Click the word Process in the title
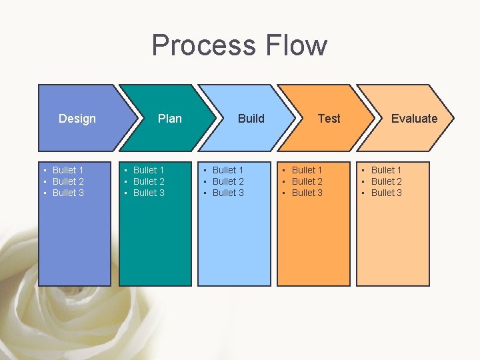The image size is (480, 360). point(204,45)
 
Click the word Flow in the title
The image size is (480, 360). point(297,45)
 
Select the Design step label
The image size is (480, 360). point(77,119)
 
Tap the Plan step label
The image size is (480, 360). point(169,119)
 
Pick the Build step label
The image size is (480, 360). point(251,119)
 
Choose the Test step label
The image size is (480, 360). point(329,119)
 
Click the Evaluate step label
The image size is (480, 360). point(414,119)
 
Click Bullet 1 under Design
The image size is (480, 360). point(68,170)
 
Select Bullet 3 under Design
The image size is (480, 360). point(68,193)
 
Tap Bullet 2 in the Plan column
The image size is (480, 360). point(149,181)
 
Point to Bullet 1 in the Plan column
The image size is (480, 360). point(149,170)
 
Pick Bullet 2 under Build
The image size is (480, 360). point(228,181)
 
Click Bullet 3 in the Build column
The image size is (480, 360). point(228,193)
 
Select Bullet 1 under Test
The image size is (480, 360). point(307,170)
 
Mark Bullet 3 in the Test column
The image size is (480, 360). point(307,193)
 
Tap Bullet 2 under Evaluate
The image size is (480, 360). point(387,181)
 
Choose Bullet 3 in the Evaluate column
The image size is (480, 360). point(387,193)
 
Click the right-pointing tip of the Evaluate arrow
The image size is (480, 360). point(453,119)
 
